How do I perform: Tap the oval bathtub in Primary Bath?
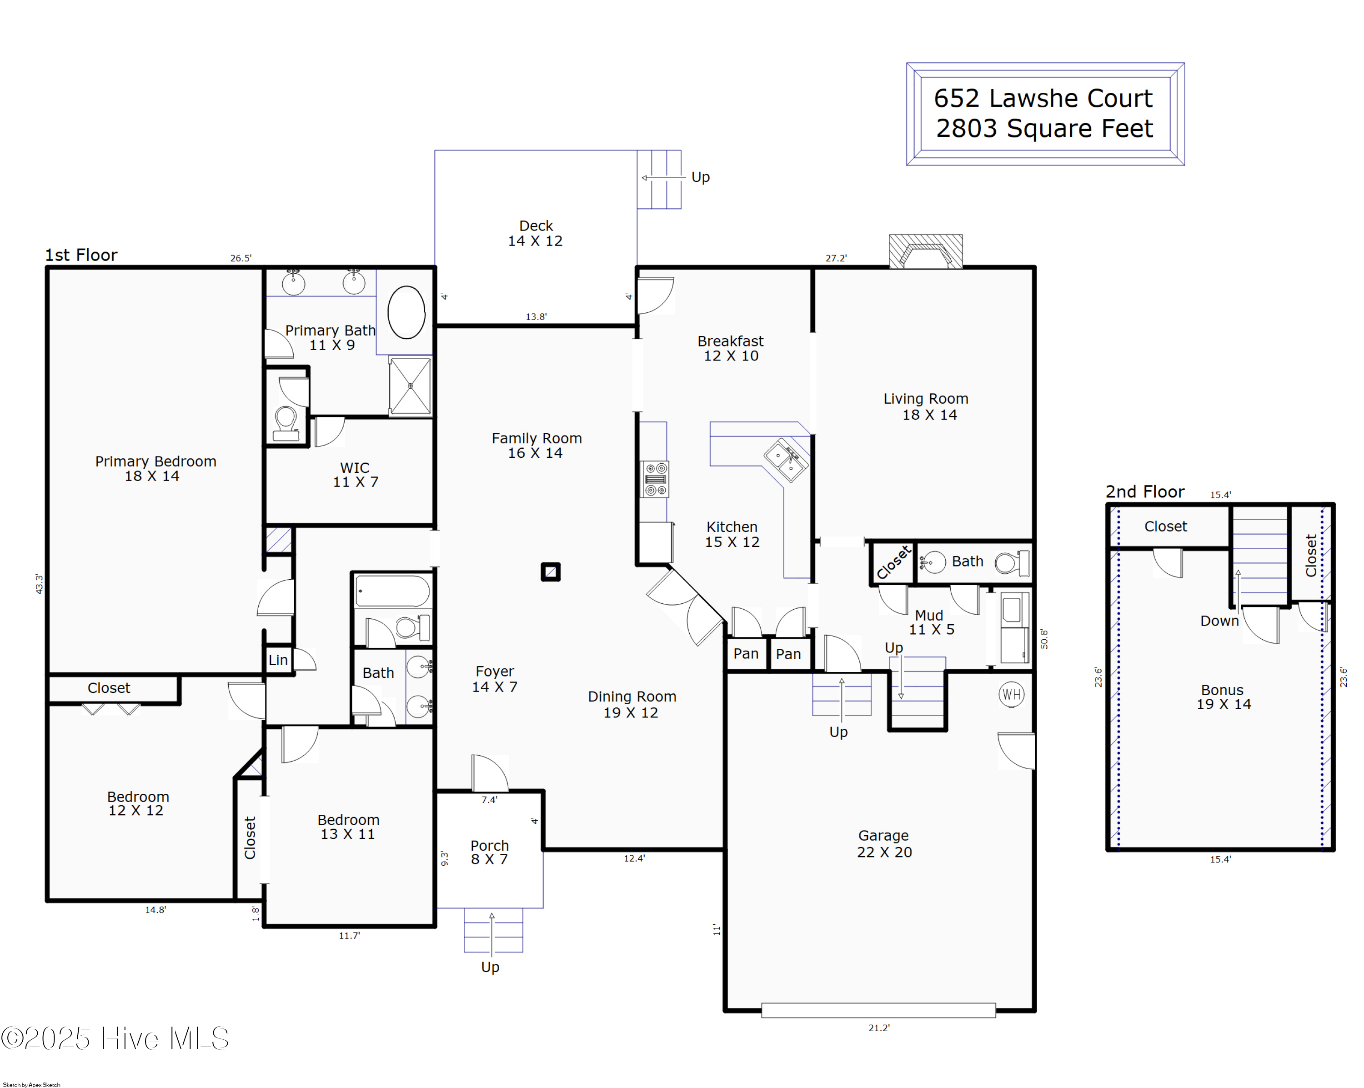coord(406,312)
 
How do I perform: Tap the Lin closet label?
coord(278,660)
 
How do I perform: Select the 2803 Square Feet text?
coord(1044,128)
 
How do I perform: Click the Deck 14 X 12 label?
coord(535,233)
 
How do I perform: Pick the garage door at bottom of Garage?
coord(878,1010)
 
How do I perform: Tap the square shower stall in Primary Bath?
coord(410,386)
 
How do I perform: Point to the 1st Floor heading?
coord(81,255)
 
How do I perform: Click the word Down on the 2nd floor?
coord(1219,621)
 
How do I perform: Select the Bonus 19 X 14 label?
coord(1223,697)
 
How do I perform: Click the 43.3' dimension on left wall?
coord(39,584)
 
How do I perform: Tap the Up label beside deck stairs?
coord(700,177)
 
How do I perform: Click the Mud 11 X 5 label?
coord(931,622)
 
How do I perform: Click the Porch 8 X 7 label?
coord(489,852)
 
